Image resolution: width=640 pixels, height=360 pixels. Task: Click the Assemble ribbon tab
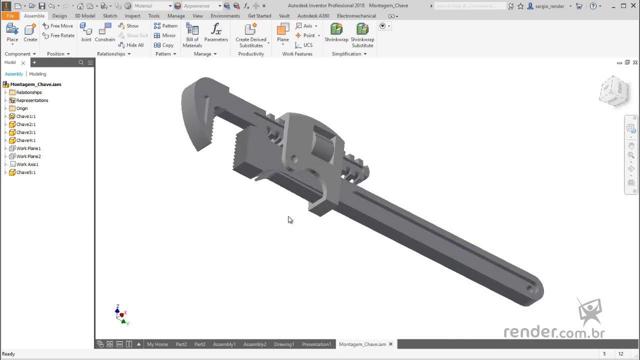tap(34, 15)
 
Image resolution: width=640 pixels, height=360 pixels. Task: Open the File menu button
tap(10, 15)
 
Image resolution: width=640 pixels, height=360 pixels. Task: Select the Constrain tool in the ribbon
tap(105, 33)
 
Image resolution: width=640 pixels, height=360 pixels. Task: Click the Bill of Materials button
tap(192, 35)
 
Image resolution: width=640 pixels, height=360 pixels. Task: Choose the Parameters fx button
tap(216, 33)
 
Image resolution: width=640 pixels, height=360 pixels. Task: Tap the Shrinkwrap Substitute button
tap(362, 35)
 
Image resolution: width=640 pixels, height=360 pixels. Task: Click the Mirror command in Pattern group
tap(165, 35)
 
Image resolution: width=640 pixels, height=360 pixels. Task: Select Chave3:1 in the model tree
tap(26, 132)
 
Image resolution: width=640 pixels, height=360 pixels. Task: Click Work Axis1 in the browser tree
tap(27, 164)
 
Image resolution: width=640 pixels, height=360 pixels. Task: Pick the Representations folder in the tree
tap(32, 100)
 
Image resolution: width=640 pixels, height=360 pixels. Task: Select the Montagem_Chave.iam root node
tap(35, 84)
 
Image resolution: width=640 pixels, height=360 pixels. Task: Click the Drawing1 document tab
tap(283, 344)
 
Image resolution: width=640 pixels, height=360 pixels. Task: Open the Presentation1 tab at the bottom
tap(316, 344)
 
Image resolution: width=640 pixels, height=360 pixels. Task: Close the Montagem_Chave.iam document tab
tap(391, 344)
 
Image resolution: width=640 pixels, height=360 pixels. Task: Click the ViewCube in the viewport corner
tap(613, 91)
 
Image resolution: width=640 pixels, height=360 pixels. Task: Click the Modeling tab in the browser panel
tap(37, 74)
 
